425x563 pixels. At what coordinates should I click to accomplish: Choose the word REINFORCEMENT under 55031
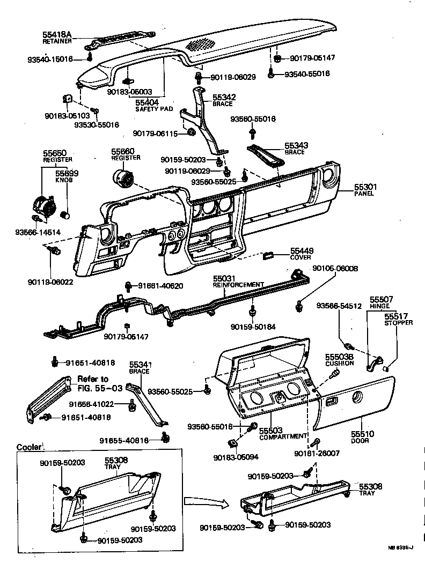pos(238,285)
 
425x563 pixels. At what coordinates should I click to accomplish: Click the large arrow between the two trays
pos(203,501)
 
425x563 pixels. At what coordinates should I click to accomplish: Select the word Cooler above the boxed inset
pos(28,447)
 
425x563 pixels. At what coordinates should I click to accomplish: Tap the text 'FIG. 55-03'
pos(100,387)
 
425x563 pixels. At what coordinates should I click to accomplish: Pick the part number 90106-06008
pos(335,268)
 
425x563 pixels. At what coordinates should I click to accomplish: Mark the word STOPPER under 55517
pos(399,323)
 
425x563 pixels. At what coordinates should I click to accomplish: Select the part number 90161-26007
pos(317,454)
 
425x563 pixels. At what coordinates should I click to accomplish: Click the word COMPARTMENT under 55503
pos(283,437)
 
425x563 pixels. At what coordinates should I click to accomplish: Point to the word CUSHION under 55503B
pos(339,363)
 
